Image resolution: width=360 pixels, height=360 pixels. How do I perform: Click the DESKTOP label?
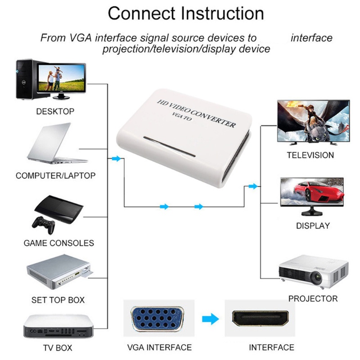[55, 111]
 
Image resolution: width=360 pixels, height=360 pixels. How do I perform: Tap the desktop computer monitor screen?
[62, 78]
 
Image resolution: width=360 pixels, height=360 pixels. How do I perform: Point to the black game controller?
[42, 224]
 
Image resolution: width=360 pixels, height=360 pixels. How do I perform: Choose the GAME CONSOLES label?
[58, 243]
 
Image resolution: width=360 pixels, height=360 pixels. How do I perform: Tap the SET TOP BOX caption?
[58, 300]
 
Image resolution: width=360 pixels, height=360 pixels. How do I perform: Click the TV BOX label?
[58, 348]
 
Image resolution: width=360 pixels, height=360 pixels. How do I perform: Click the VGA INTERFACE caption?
[159, 347]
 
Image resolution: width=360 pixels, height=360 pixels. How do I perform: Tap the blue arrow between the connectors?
[209, 320]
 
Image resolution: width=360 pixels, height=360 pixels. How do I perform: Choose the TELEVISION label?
[310, 155]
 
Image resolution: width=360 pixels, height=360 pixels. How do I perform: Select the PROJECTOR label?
[313, 298]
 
